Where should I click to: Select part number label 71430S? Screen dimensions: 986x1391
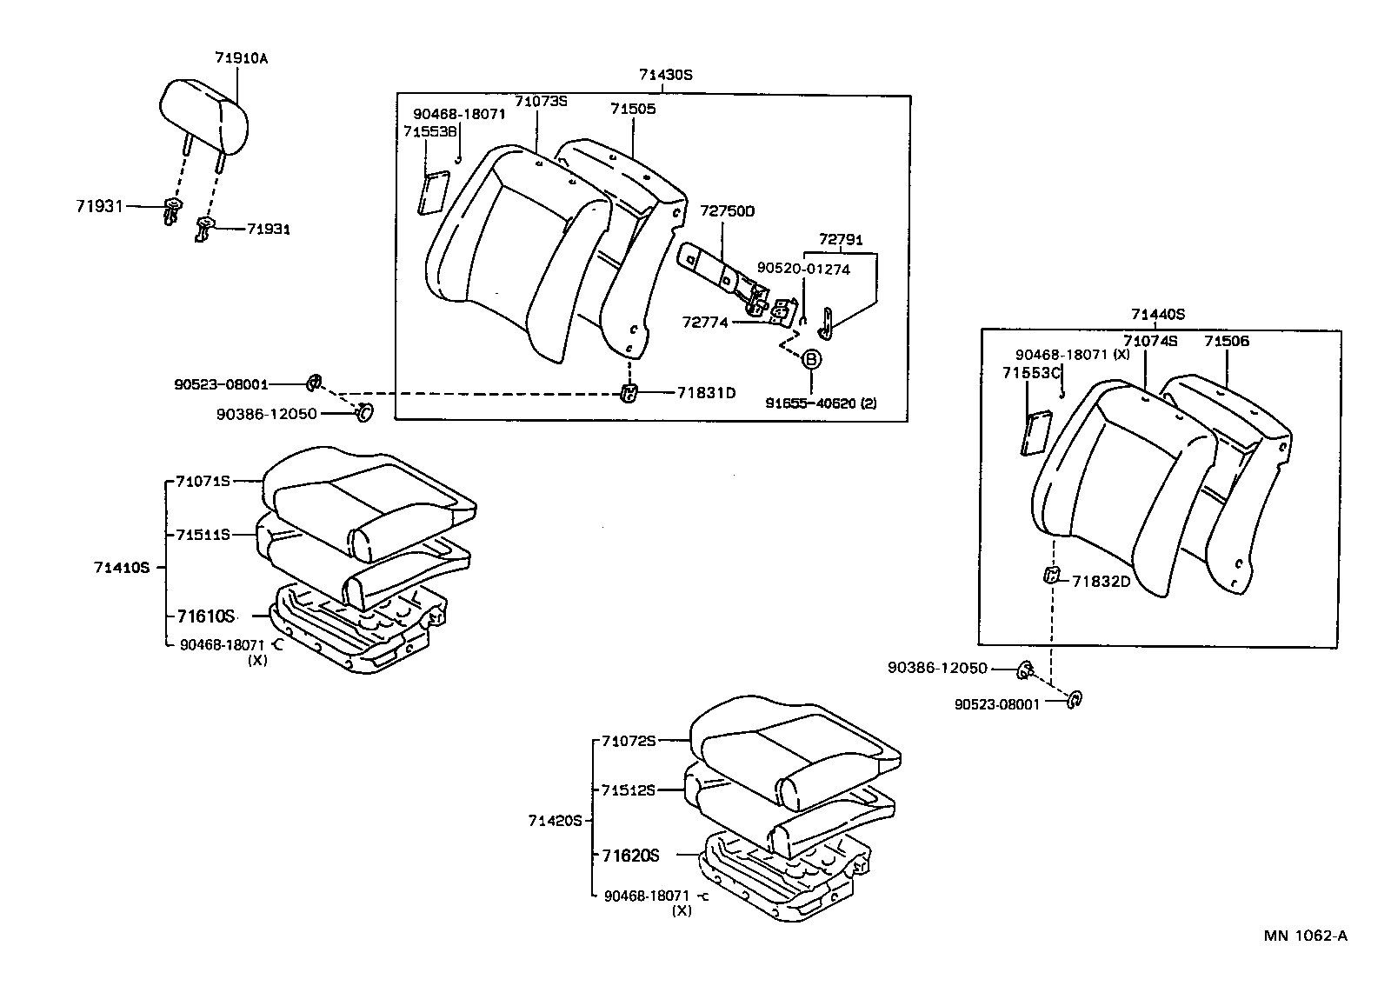(665, 75)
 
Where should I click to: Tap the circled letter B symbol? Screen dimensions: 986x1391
(809, 358)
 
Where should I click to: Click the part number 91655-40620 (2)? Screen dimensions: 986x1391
(821, 403)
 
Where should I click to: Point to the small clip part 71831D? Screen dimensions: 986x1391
(628, 393)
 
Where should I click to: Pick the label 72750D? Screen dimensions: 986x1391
(728, 211)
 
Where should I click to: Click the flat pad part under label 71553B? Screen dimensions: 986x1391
(432, 193)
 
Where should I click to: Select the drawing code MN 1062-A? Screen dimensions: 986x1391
(1305, 936)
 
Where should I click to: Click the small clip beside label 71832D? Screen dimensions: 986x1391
(1050, 575)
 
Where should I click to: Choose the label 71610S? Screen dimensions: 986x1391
(206, 616)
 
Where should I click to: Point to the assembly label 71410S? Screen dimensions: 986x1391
(122, 568)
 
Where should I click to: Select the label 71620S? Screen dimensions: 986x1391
(630, 856)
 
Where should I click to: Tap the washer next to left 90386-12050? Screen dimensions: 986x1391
(365, 412)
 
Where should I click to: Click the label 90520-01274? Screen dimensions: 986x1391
(803, 269)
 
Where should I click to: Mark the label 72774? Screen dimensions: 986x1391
(705, 323)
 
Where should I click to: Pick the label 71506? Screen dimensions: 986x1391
(1226, 341)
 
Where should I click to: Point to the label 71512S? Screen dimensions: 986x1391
(629, 789)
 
